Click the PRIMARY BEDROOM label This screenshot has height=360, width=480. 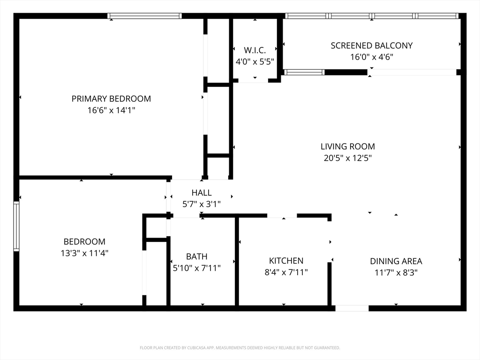[111, 98]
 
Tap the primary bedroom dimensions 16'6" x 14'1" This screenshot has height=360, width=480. [111, 110]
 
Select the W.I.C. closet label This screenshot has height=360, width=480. [255, 50]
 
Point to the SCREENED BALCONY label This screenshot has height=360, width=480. [372, 45]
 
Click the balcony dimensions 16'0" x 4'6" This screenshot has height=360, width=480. [372, 57]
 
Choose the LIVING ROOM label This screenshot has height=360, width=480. [348, 146]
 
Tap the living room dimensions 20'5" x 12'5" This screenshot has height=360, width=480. [348, 158]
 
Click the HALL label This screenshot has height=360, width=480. [202, 193]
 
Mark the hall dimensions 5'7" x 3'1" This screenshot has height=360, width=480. [202, 204]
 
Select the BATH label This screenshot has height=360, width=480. [196, 256]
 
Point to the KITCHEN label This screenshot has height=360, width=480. [286, 261]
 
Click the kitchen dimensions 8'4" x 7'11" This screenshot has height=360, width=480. [286, 272]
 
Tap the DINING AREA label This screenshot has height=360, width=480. [396, 261]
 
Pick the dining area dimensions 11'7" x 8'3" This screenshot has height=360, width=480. [396, 272]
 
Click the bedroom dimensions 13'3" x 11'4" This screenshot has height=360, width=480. [84, 253]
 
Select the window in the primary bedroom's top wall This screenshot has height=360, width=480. [144, 16]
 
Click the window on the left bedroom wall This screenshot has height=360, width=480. [16, 226]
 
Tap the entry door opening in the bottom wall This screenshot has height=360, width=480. [352, 308]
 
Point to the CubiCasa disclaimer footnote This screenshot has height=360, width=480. [240, 348]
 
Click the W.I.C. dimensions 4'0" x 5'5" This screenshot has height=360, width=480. [255, 62]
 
